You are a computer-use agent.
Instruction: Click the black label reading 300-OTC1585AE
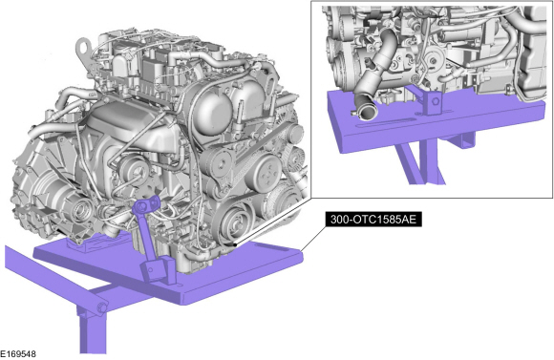coord(373,220)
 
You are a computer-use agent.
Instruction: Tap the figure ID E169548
coord(17,353)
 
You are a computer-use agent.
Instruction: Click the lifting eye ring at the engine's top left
coord(83,48)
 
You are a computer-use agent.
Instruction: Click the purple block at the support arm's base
coord(158,269)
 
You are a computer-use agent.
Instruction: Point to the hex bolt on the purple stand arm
coord(102,307)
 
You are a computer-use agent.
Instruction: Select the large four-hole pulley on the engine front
coord(263,174)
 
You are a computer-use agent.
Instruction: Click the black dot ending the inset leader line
coord(235,244)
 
